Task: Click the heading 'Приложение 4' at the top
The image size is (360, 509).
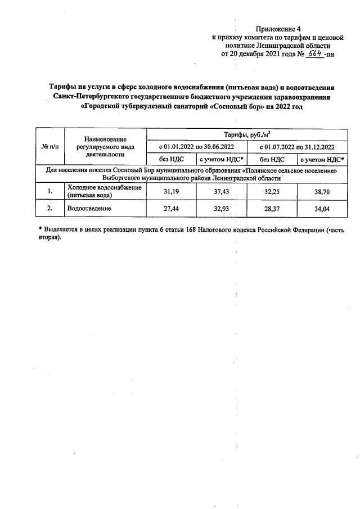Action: pyautogui.click(x=278, y=28)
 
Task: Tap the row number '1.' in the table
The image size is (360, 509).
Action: pyautogui.click(x=50, y=192)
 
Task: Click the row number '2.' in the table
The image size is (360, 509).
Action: pyautogui.click(x=50, y=209)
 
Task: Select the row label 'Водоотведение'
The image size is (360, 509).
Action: pyautogui.click(x=89, y=209)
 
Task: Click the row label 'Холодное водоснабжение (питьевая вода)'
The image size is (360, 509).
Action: pyautogui.click(x=103, y=192)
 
